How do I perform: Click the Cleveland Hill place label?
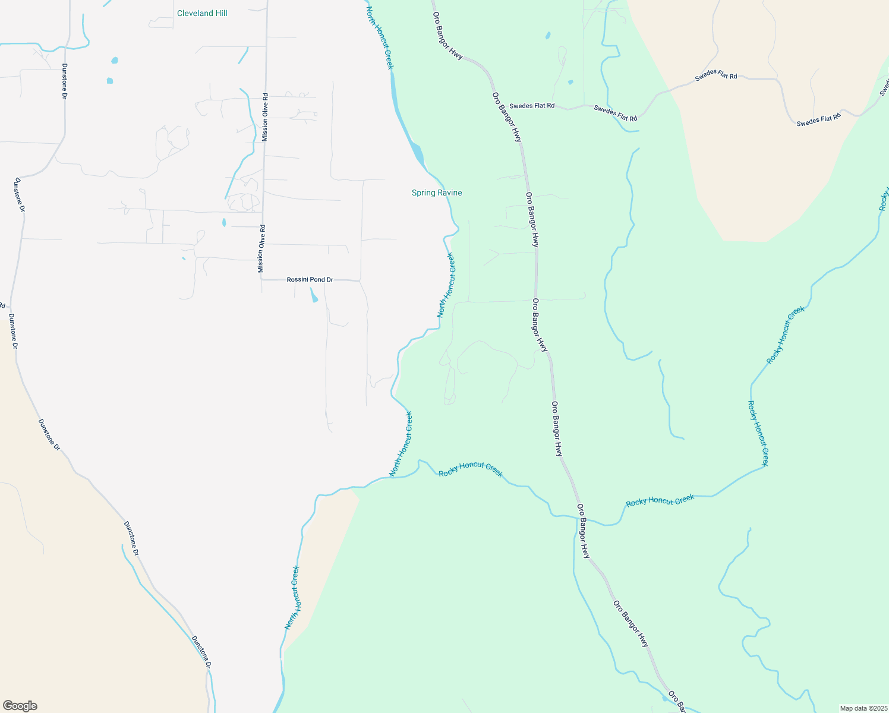[x=202, y=13]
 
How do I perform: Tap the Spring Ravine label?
[x=437, y=193]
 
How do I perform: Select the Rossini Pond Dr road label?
[x=310, y=279]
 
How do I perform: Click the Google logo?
[x=20, y=706]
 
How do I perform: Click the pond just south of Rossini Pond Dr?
[x=313, y=295]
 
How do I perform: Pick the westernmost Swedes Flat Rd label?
[x=532, y=106]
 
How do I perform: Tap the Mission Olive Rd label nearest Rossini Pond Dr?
[x=261, y=249]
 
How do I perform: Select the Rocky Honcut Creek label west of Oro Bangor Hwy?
[x=471, y=469]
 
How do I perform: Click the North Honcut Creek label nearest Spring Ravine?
[x=446, y=285]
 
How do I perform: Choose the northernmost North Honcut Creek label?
[x=380, y=38]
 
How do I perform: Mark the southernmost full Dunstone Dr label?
[x=201, y=652]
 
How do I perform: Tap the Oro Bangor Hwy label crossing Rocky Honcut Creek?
[x=584, y=531]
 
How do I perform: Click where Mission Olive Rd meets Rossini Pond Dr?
[x=261, y=279]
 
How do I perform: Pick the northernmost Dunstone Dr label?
[x=64, y=81]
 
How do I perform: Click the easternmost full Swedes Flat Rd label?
[x=818, y=119]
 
